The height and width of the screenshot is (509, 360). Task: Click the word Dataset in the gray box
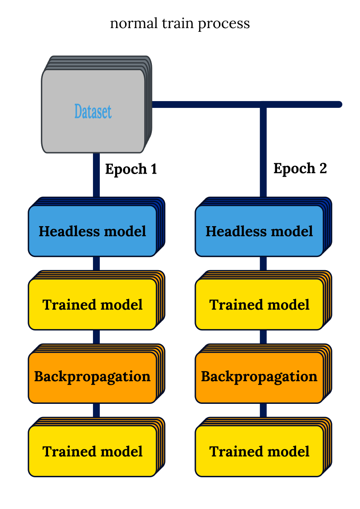click(93, 111)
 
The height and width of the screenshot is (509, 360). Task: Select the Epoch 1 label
click(131, 169)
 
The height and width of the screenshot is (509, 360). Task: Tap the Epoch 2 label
click(300, 169)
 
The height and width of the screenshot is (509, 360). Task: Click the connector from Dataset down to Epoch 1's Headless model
click(97, 175)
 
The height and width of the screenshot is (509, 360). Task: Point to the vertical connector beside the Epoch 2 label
click(263, 151)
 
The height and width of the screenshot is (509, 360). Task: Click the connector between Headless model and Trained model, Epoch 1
click(97, 264)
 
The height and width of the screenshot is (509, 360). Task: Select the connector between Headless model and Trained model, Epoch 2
click(263, 264)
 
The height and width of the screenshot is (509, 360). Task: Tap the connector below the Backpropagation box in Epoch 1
click(97, 410)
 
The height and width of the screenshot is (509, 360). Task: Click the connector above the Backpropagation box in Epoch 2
click(263, 337)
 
